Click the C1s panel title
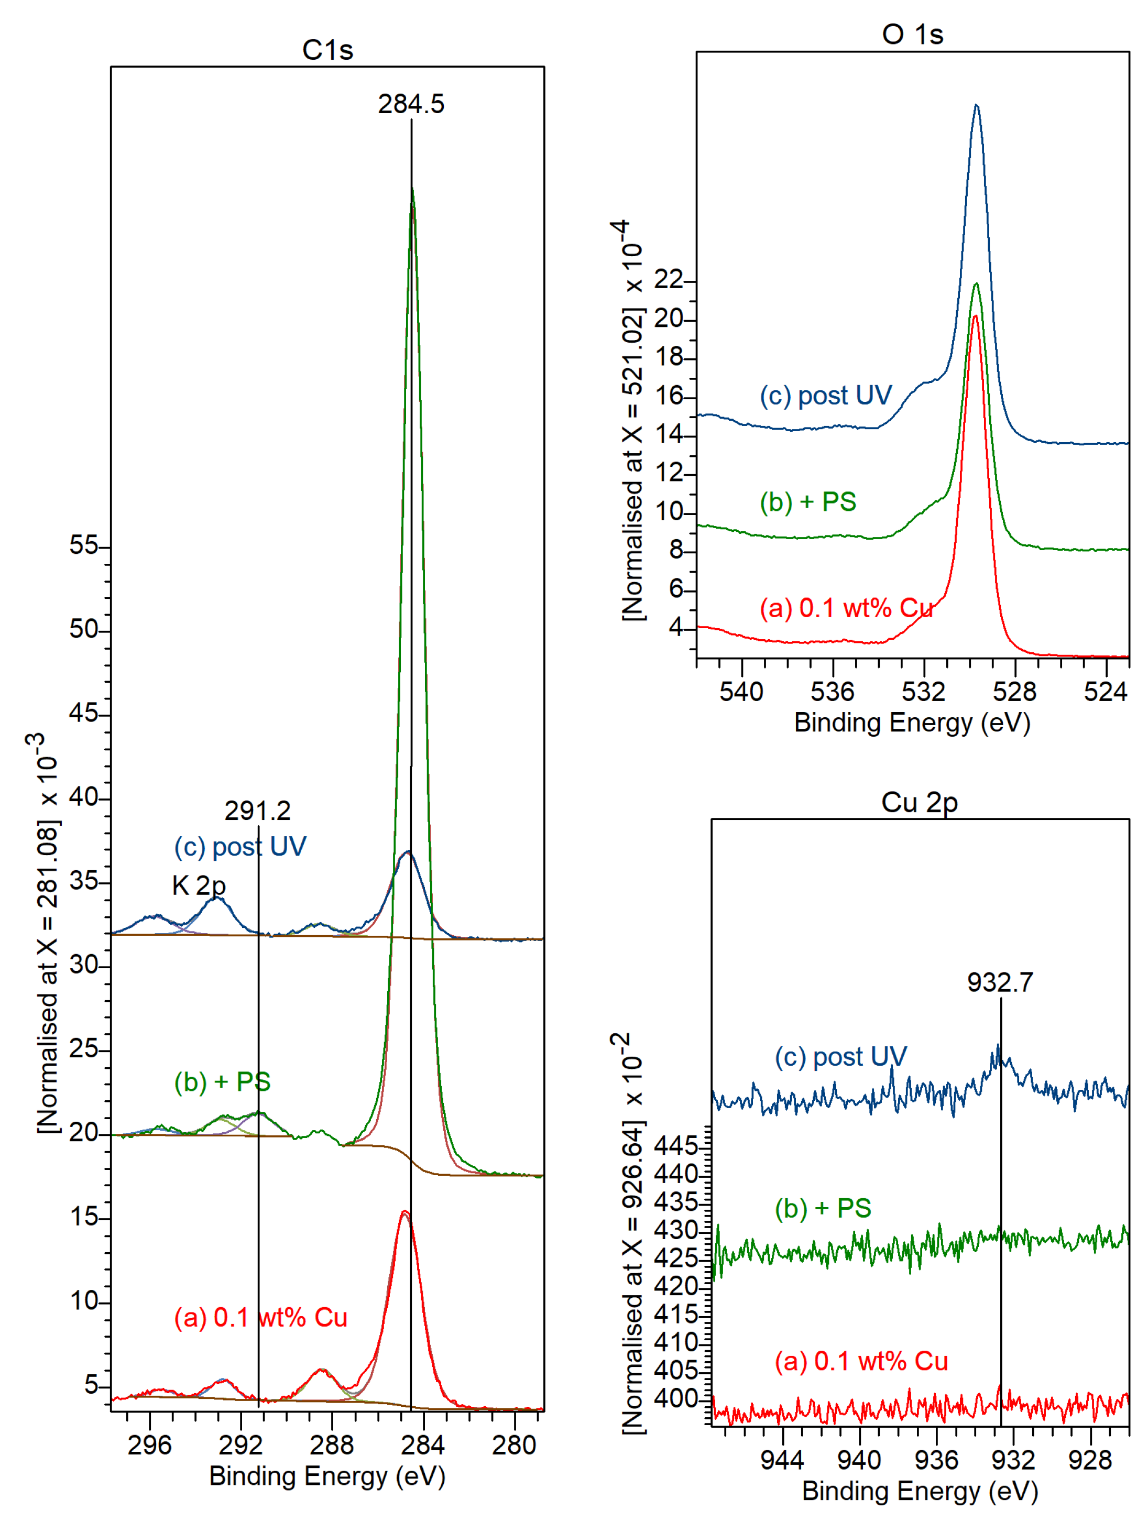(x=327, y=50)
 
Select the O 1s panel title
(x=912, y=34)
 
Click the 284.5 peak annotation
(x=411, y=104)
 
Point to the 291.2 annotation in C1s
(x=257, y=811)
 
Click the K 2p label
(x=199, y=884)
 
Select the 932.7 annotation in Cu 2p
(x=1000, y=982)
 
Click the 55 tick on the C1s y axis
(x=84, y=546)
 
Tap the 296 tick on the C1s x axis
(x=150, y=1445)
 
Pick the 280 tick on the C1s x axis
(x=514, y=1445)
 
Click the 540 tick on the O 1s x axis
(x=741, y=691)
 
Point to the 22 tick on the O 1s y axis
(x=669, y=280)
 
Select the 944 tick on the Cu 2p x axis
(x=782, y=1460)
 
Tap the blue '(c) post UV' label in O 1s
(x=825, y=396)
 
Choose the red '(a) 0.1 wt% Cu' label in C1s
(x=260, y=1317)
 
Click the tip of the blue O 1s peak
(x=976, y=105)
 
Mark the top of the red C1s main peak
(x=404, y=1211)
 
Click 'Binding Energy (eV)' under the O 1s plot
(x=912, y=723)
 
